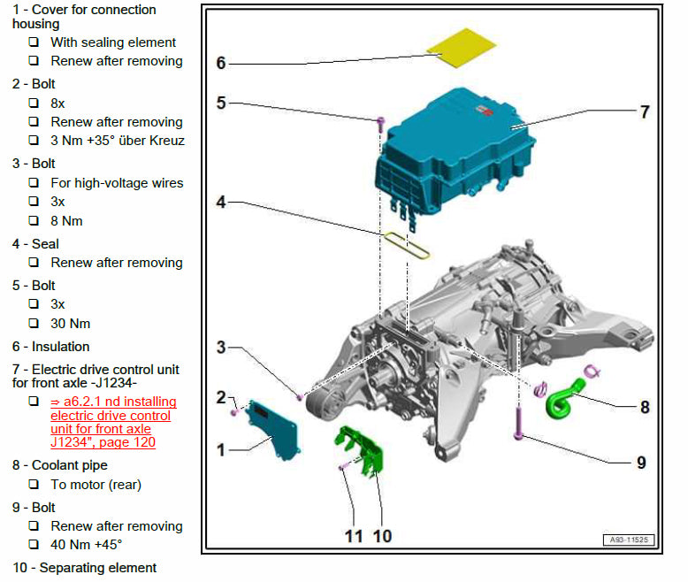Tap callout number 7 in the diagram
coord(645,112)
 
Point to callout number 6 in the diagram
coord(221,63)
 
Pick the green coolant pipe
coord(563,399)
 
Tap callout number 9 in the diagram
coord(641,463)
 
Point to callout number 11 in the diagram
coord(354,535)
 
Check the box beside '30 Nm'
coord(34,324)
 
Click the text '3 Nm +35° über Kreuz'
coord(118,141)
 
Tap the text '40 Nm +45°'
coord(87,545)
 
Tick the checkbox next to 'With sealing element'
coord(34,42)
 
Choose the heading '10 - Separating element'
coord(85,568)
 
